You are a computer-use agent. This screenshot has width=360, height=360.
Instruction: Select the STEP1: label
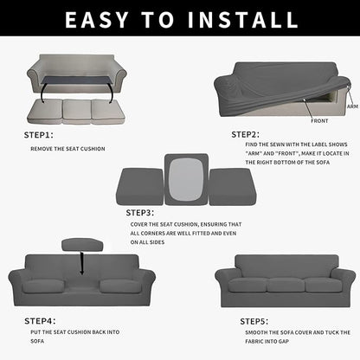tap(38, 136)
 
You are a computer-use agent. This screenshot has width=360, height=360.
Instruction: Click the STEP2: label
tap(246, 135)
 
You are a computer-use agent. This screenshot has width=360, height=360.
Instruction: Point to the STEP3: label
tap(140, 212)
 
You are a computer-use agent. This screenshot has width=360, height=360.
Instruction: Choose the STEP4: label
tap(38, 318)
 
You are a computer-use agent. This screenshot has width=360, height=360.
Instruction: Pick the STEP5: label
tap(254, 320)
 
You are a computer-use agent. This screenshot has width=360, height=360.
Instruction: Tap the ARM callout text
tap(352, 106)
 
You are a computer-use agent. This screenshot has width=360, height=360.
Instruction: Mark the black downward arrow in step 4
tap(82, 262)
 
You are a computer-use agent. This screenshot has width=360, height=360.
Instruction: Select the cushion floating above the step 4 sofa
tap(81, 245)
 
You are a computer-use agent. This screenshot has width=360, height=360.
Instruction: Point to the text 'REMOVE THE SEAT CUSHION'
tap(68, 148)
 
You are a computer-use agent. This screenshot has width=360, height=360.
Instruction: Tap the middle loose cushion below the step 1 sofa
tap(77, 111)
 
